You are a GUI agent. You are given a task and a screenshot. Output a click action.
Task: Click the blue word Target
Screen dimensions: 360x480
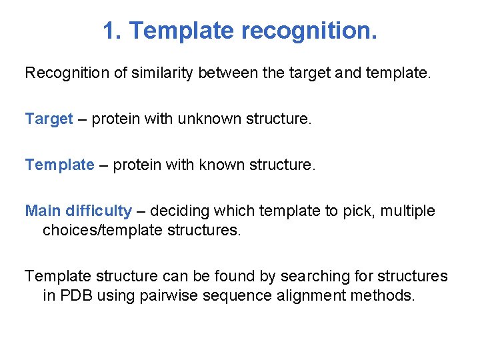click(x=49, y=119)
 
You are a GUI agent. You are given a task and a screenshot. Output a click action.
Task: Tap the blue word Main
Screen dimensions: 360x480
click(x=43, y=211)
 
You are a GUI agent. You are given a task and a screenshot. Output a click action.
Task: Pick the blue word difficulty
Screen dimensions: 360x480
click(x=99, y=211)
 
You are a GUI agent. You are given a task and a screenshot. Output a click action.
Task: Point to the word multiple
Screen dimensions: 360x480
click(x=408, y=211)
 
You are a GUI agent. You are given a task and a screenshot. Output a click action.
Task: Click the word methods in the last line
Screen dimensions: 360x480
click(x=387, y=295)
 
